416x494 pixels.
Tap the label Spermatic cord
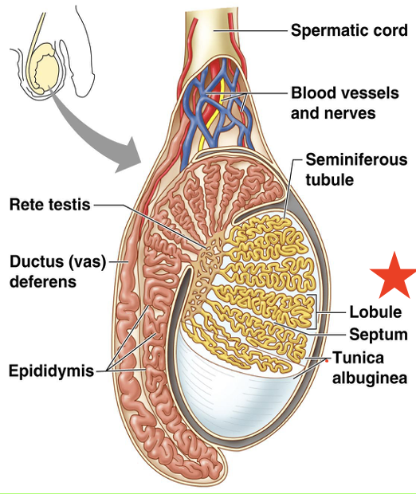pos(349,31)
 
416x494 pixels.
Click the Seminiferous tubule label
pos(356,170)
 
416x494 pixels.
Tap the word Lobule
pos(375,312)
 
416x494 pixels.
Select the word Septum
pos(378,335)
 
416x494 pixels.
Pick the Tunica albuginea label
pos(370,368)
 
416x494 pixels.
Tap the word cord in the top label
pos(388,31)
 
